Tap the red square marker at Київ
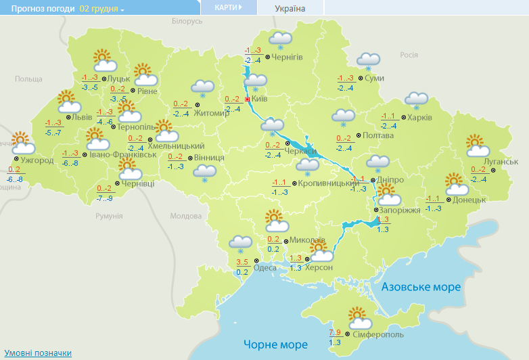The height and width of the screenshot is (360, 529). pyautogui.click(x=248, y=99)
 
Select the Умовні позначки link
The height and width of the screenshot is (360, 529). pyautogui.click(x=38, y=353)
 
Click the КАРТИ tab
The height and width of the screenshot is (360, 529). pyautogui.click(x=228, y=7)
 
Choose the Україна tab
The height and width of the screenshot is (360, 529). pyautogui.click(x=290, y=8)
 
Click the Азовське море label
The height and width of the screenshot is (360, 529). pyautogui.click(x=421, y=288)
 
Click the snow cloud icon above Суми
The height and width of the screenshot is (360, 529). pyautogui.click(x=369, y=61)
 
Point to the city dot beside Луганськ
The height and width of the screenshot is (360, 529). pyautogui.click(x=493, y=171)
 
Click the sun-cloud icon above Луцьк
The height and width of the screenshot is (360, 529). pyautogui.click(x=104, y=61)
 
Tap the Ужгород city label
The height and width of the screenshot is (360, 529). pyautogui.click(x=37, y=160)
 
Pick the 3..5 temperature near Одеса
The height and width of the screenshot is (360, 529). pyautogui.click(x=243, y=262)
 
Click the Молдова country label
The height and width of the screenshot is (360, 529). pyautogui.click(x=186, y=216)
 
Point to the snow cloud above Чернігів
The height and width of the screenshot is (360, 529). pyautogui.click(x=280, y=41)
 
